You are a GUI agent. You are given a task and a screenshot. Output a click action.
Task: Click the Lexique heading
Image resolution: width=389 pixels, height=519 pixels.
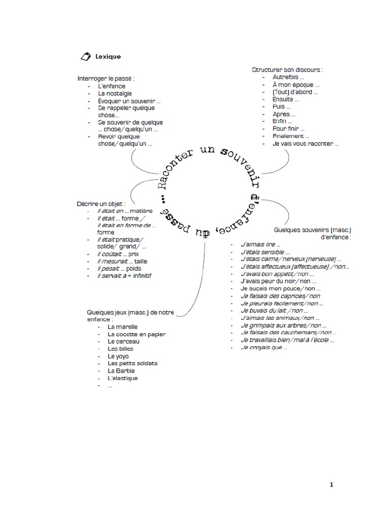(108, 57)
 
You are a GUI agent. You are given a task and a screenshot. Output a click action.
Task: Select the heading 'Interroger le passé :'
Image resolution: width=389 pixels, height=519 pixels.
(106, 79)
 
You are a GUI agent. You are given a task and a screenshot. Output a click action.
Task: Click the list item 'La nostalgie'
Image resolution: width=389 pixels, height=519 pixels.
(115, 93)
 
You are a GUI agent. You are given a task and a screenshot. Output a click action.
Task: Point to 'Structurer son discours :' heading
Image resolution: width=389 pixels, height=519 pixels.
(287, 69)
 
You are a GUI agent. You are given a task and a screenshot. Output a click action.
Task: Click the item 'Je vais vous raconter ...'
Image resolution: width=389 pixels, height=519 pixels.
(305, 143)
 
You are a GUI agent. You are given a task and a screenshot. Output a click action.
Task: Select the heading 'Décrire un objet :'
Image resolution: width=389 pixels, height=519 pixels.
(101, 203)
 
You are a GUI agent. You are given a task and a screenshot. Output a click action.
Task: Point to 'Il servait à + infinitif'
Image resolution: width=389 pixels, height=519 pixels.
(124, 276)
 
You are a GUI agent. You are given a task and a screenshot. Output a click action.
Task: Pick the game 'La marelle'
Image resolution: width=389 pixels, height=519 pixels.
(122, 327)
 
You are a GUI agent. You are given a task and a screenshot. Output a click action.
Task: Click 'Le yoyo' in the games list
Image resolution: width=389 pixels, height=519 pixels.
(118, 356)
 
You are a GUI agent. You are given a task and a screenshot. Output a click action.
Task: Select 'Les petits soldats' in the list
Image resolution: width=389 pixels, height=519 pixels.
(132, 363)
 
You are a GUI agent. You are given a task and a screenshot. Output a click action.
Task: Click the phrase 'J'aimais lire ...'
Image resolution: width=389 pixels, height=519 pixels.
(260, 244)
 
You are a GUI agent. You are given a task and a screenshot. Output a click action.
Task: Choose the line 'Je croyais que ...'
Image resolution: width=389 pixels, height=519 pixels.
(264, 348)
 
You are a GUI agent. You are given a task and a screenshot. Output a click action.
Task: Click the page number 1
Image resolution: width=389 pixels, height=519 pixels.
(332, 485)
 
